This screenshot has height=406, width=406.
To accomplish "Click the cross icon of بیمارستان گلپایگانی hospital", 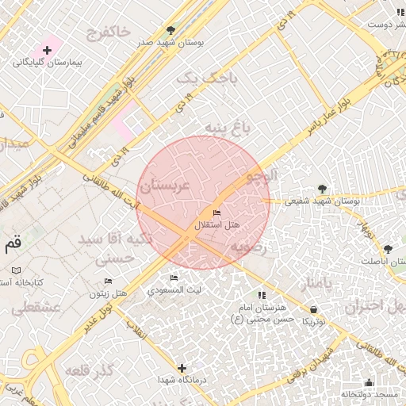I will point(48,50).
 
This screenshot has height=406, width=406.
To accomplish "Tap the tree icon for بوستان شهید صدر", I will point(170,30).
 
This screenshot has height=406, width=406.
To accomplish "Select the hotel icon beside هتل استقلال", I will point(216,213).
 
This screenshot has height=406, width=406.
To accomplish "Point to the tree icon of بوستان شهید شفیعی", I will point(321,189).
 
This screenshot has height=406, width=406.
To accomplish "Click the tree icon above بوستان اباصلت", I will point(388,248).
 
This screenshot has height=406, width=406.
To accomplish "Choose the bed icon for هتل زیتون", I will point(109,282).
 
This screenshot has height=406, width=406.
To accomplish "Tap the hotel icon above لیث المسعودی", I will point(174,278).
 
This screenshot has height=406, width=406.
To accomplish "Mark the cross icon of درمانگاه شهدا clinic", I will point(182,368).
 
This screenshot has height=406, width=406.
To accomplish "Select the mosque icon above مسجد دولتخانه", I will point(367,382).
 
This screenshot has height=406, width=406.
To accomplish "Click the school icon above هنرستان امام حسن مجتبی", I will point(262,295).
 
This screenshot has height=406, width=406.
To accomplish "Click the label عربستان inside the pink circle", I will point(165,187).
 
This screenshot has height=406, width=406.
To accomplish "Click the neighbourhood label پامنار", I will point(309,283).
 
